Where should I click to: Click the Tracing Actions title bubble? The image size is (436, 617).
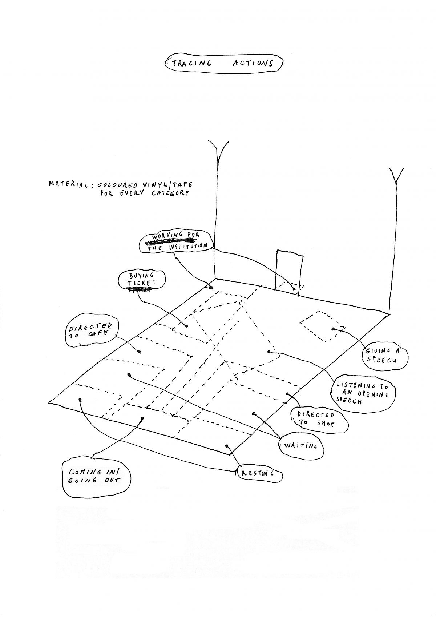(x=223, y=63)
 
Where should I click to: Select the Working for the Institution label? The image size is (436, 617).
(x=175, y=241)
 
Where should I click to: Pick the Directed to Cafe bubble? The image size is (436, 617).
(x=91, y=331)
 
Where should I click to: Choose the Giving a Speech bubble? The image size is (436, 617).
(x=385, y=356)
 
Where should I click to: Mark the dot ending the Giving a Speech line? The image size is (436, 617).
(x=333, y=329)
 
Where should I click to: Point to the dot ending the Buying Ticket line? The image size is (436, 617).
(x=187, y=326)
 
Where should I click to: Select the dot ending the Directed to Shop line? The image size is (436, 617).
(x=287, y=394)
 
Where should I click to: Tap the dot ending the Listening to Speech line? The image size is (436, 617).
(x=269, y=352)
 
